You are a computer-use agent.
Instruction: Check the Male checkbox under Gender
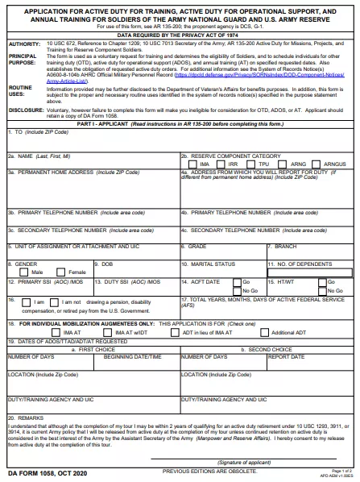click(x=14, y=272)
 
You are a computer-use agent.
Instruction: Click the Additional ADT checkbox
click(x=265, y=331)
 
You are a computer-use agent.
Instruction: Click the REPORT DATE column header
click(x=286, y=355)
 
